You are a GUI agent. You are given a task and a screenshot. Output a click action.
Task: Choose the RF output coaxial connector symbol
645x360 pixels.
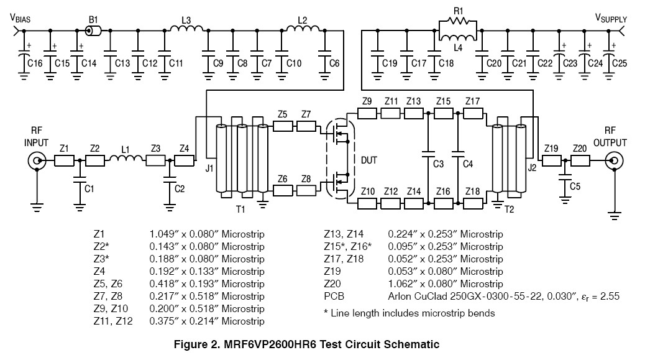(x=614, y=162)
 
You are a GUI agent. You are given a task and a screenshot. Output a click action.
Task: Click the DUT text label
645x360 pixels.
(x=368, y=160)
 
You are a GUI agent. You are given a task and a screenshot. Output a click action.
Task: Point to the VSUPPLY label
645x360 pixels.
(x=611, y=19)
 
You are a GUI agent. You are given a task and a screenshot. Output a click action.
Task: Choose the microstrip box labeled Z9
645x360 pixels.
(x=368, y=114)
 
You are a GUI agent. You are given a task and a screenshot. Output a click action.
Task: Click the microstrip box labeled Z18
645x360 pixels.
(x=473, y=203)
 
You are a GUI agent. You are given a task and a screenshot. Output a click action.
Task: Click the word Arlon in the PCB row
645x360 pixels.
(x=400, y=297)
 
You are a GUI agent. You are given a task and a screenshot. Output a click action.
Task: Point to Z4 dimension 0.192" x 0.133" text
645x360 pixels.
(x=207, y=272)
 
